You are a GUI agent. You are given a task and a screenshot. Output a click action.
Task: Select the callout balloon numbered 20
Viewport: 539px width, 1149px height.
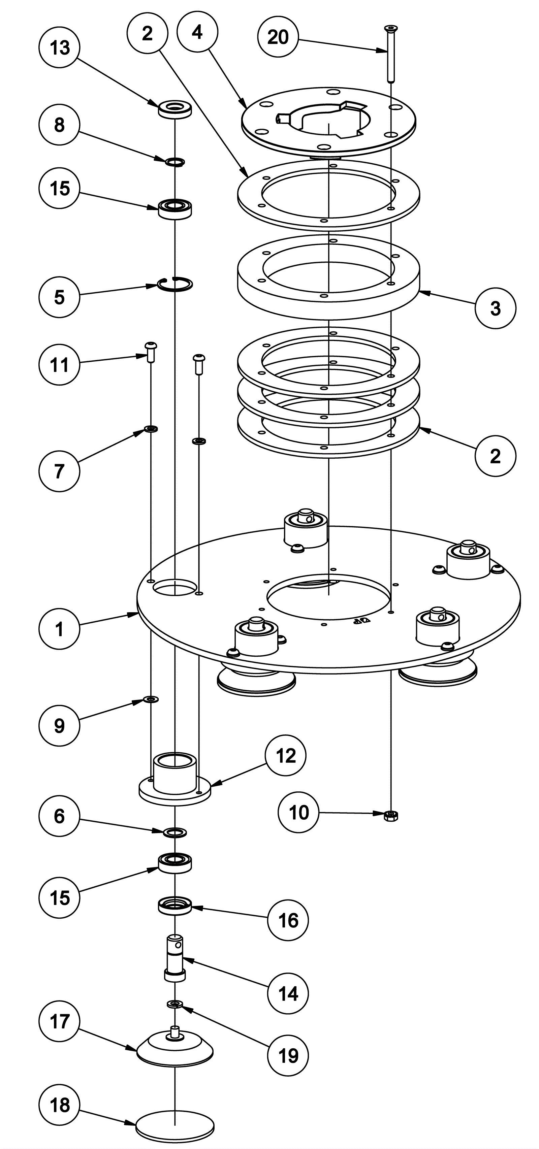point(278,37)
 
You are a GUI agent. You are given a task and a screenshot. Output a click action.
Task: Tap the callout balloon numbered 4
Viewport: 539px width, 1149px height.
point(197,32)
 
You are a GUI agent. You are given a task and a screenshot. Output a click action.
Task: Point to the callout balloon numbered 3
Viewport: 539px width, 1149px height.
point(495,308)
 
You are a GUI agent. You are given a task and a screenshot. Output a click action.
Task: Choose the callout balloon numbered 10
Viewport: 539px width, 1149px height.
point(298,812)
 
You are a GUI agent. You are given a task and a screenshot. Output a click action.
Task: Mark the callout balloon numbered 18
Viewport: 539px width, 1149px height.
point(60,1105)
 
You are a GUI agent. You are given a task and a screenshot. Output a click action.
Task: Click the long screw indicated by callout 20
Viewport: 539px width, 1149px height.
point(390,54)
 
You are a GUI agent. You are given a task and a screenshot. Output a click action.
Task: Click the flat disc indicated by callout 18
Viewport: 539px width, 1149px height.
point(175,1121)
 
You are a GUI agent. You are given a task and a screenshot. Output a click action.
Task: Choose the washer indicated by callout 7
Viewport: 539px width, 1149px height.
point(151,429)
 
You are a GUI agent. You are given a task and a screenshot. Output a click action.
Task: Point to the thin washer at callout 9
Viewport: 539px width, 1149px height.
point(151,698)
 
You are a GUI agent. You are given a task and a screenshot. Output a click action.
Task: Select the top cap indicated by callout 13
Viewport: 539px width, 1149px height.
point(175,110)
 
